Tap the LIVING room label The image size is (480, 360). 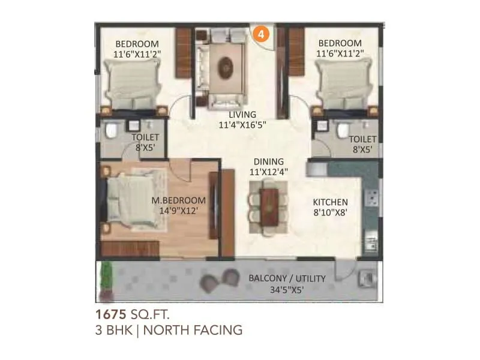[242, 115]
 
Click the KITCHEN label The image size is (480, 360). [329, 202]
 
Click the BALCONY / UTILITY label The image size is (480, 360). [287, 278]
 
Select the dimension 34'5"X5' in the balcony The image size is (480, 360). [287, 289]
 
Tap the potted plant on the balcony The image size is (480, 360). [106, 279]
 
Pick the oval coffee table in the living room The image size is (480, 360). [226, 65]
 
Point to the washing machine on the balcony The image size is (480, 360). [366, 280]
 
